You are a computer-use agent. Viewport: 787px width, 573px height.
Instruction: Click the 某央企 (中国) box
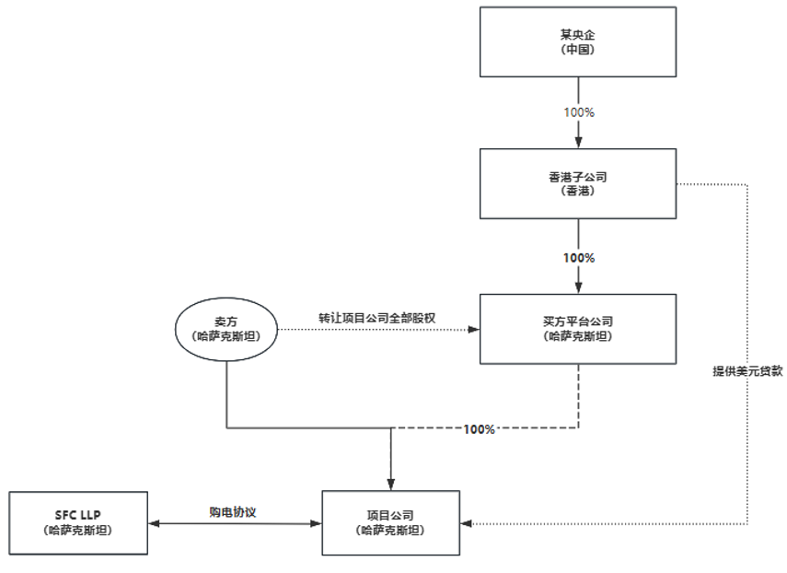click(578, 42)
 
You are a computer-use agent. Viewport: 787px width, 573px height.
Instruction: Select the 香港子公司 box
click(578, 184)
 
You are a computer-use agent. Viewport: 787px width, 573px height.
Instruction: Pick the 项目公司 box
click(391, 522)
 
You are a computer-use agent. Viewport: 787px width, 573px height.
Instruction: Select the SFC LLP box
click(77, 522)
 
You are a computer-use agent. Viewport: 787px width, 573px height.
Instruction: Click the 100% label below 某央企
click(578, 111)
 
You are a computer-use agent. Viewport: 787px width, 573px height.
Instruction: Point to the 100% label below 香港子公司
click(578, 257)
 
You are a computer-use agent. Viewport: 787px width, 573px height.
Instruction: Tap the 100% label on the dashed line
click(480, 429)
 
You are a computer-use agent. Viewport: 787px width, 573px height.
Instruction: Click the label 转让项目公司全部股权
click(376, 317)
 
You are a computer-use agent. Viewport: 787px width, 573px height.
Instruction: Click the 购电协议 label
click(233, 511)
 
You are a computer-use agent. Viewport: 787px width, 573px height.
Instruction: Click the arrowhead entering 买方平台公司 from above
click(578, 287)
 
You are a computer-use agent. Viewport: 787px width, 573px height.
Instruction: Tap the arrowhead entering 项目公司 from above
click(391, 485)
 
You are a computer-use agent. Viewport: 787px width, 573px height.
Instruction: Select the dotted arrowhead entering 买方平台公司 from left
click(474, 329)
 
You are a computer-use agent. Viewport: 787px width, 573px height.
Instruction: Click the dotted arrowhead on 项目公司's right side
click(467, 523)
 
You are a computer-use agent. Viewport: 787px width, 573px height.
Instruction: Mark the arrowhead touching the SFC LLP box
click(153, 523)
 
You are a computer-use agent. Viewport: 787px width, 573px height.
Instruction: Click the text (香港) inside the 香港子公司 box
click(578, 192)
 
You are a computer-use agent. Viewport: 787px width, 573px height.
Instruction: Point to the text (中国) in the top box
click(578, 50)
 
